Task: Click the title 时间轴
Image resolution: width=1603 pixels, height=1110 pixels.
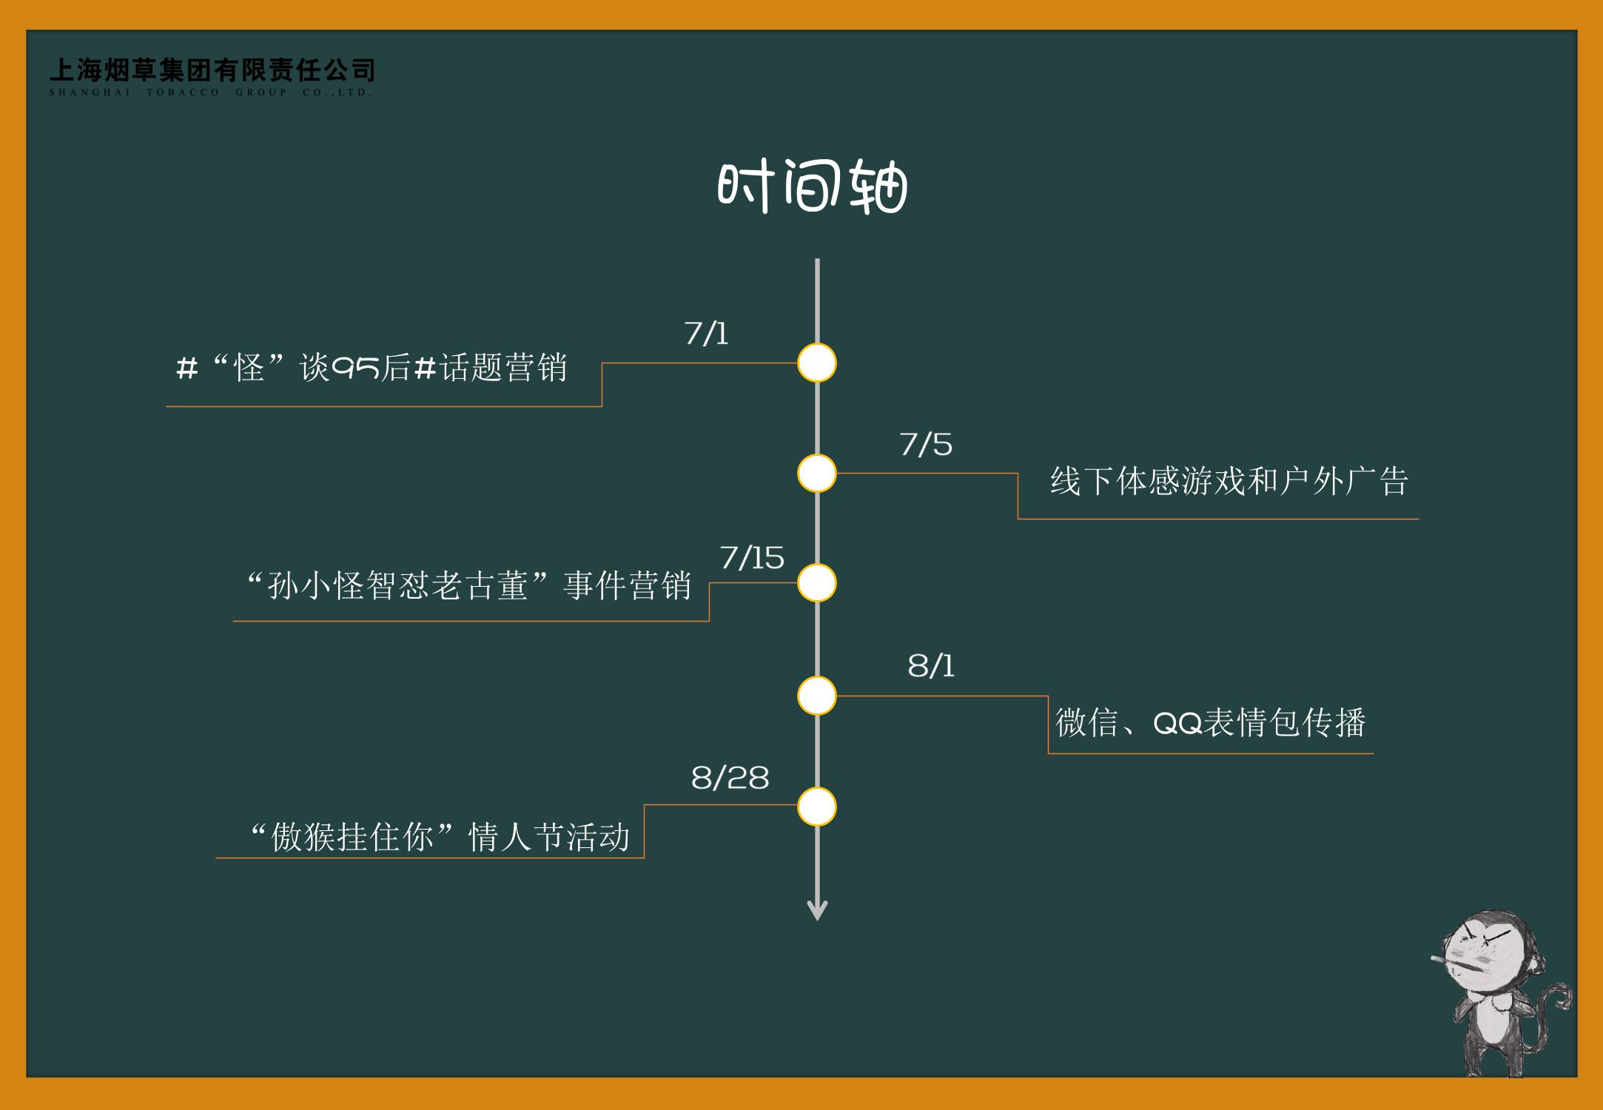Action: tap(812, 188)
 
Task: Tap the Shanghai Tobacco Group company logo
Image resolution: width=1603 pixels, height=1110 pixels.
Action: tap(212, 77)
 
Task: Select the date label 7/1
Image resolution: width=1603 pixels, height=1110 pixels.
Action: tap(706, 334)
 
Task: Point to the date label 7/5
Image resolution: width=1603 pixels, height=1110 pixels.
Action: tap(925, 444)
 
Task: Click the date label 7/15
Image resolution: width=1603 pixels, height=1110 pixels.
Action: tap(752, 558)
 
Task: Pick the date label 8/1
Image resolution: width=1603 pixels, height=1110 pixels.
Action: tap(931, 666)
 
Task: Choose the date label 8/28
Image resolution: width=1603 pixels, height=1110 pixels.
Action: tap(730, 778)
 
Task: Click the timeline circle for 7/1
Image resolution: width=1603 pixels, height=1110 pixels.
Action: tap(817, 363)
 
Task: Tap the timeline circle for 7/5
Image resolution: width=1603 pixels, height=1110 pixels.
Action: tap(817, 474)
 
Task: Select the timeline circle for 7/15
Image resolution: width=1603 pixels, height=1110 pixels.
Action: tap(817, 583)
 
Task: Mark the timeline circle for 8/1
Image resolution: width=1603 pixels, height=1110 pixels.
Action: tap(817, 696)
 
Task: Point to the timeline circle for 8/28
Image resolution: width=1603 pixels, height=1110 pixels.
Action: tap(817, 807)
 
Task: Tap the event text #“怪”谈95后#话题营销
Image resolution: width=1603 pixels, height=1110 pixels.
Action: tap(372, 367)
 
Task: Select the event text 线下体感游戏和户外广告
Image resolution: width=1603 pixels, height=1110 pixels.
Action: tap(1229, 481)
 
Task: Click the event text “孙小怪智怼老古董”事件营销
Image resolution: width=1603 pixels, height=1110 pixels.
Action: tap(470, 586)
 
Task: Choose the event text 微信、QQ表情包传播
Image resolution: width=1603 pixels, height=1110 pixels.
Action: tap(1210, 722)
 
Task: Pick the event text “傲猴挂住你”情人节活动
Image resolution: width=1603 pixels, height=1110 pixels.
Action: tap(441, 838)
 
